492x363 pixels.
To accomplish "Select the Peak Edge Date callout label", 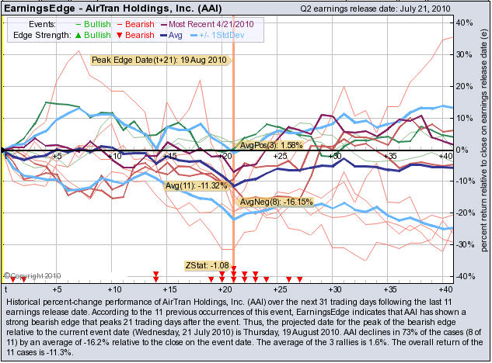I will click(x=159, y=60).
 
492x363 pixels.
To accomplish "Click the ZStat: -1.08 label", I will click(x=207, y=265).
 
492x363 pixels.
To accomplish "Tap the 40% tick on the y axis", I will click(x=466, y=22).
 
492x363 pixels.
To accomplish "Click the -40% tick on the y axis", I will click(x=465, y=276).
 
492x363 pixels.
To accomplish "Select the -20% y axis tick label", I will click(x=465, y=213).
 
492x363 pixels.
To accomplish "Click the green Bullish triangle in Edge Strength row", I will click(x=73, y=36).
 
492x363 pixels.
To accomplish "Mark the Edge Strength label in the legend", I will click(x=35, y=36).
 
